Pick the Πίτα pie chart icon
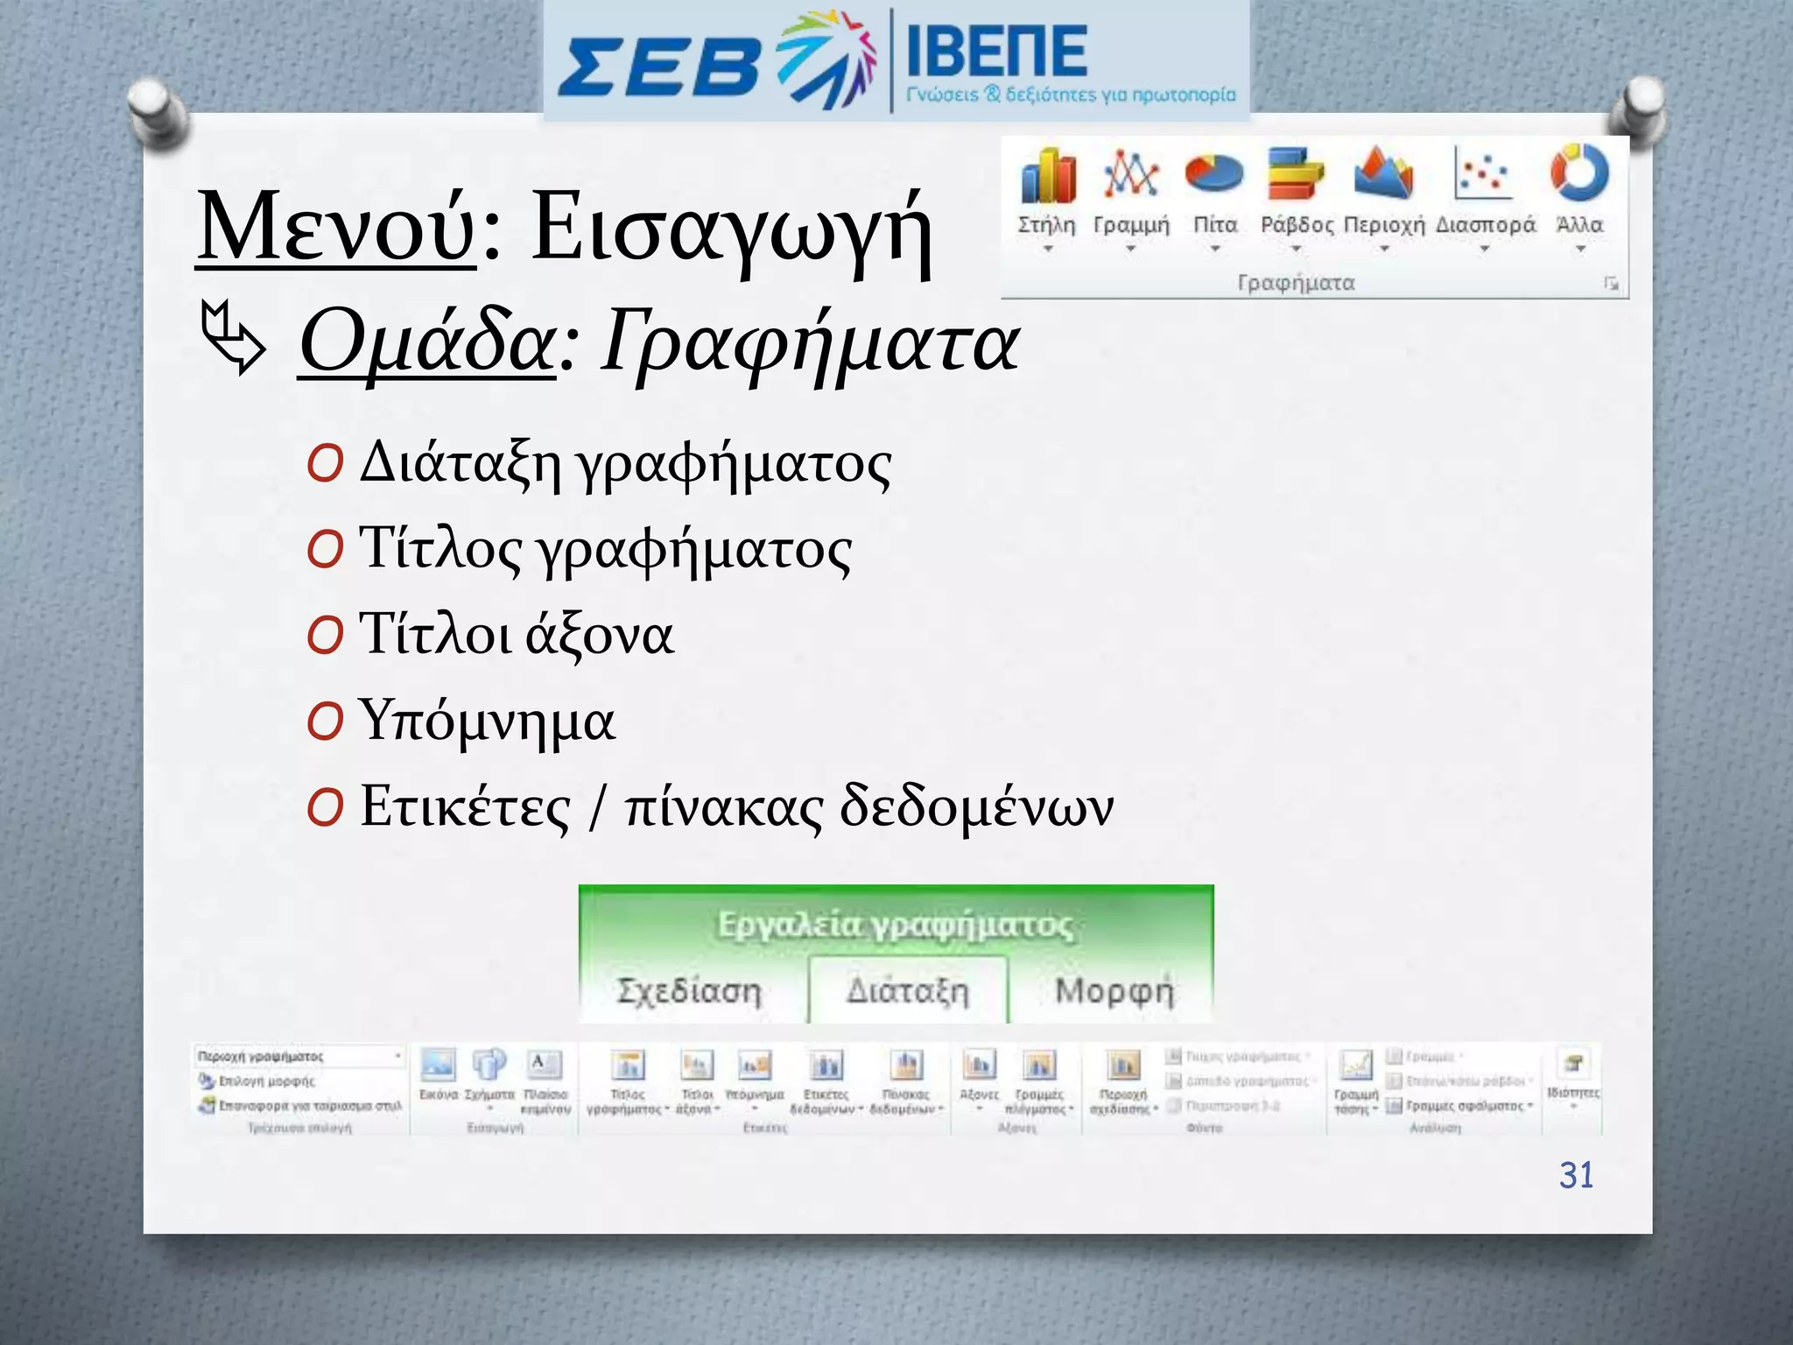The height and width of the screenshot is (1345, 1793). click(x=1213, y=173)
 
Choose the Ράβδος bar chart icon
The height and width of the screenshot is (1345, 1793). click(x=1296, y=173)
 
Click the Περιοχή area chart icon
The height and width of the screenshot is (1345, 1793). click(x=1383, y=173)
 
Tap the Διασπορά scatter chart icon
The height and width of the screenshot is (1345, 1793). click(x=1484, y=173)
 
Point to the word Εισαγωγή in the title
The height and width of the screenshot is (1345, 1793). click(x=731, y=229)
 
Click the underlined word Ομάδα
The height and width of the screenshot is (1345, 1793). click(x=426, y=343)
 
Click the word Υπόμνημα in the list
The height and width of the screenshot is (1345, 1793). click(x=487, y=722)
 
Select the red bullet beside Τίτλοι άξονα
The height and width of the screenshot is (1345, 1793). click(x=325, y=637)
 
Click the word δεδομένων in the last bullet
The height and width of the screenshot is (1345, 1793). click(x=976, y=806)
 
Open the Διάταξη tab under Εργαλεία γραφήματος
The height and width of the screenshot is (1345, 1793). click(x=908, y=991)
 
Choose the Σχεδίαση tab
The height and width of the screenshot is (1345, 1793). click(x=690, y=991)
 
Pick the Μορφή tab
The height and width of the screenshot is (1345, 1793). click(x=1114, y=991)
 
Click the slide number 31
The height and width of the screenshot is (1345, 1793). click(x=1576, y=1175)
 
